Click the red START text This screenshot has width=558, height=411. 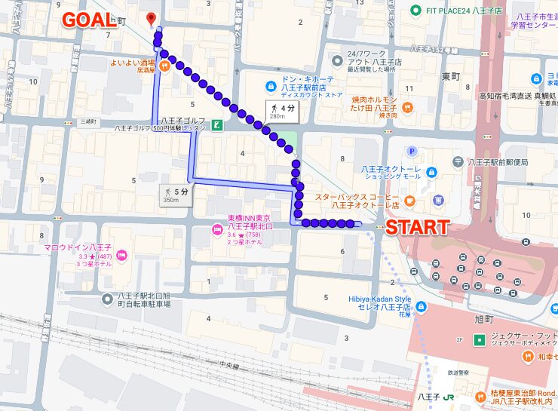417,227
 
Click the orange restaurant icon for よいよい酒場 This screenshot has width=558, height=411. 164,64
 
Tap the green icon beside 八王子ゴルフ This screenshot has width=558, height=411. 217,125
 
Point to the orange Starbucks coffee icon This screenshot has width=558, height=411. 409,200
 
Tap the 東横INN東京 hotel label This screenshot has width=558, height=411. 249,223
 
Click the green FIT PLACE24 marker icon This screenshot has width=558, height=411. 415,10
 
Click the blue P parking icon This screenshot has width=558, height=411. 412,151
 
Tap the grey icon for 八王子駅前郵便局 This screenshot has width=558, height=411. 458,161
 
